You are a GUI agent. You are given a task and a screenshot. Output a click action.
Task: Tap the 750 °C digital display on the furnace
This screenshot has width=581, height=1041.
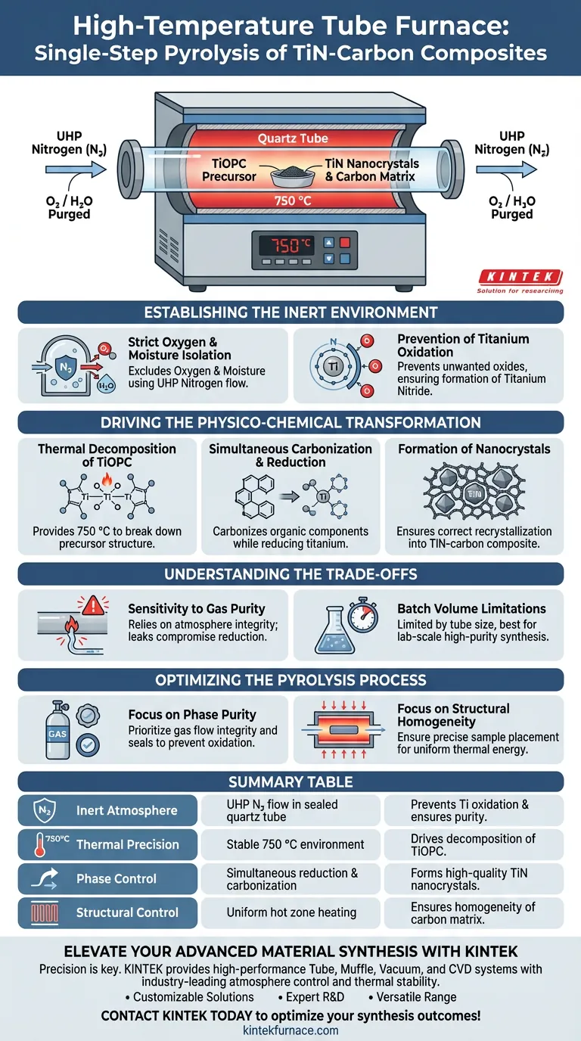[286, 245]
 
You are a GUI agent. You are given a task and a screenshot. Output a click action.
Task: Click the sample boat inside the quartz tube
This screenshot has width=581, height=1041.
[292, 176]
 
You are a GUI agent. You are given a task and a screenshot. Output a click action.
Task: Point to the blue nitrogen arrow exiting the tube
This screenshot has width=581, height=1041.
[506, 169]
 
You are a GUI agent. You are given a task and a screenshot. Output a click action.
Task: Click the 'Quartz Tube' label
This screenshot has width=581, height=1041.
[293, 138]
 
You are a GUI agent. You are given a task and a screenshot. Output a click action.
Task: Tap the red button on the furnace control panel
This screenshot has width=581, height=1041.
[344, 242]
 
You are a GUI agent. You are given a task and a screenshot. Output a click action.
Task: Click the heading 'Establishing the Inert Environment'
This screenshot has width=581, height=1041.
[290, 312]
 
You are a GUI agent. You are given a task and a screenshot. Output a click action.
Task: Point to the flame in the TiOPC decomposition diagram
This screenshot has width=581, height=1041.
[107, 479]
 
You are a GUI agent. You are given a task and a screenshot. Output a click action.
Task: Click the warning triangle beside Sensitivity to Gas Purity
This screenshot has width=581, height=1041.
[93, 605]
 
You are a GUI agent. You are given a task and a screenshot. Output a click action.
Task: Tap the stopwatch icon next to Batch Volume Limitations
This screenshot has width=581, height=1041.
[363, 616]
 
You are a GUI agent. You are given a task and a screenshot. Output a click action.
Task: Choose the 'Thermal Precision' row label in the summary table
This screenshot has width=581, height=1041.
[127, 844]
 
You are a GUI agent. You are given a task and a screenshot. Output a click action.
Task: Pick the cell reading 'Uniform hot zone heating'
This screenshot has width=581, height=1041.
[291, 912]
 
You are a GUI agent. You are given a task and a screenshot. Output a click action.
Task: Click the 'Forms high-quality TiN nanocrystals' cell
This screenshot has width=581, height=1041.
[469, 879]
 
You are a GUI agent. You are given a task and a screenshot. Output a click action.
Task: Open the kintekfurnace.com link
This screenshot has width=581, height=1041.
[290, 1030]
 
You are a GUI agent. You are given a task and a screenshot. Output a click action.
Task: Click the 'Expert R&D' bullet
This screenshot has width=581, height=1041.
[312, 997]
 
